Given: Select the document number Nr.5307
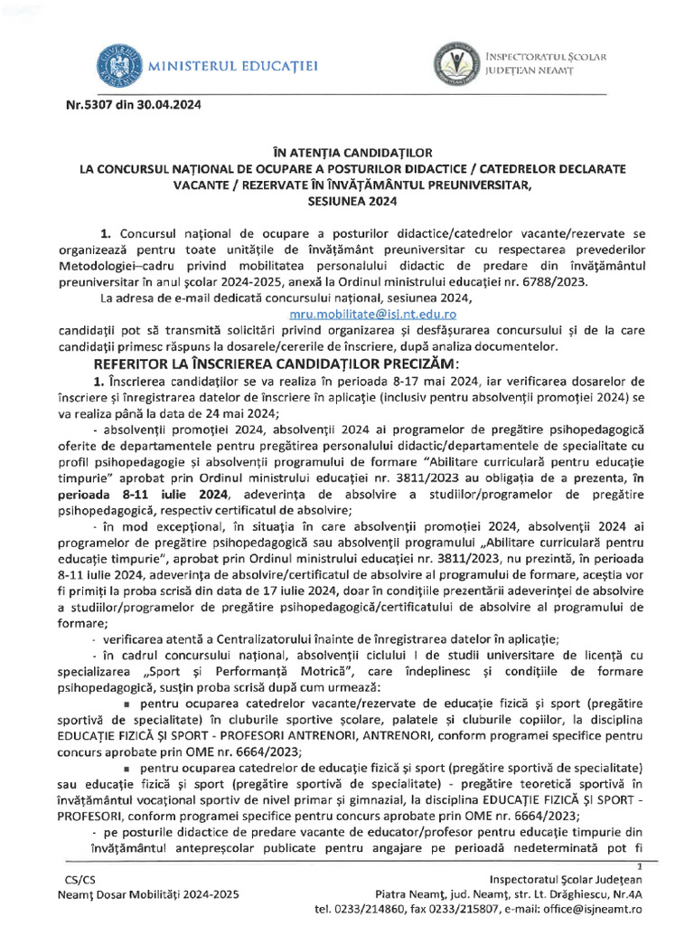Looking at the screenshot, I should (x=88, y=104).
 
